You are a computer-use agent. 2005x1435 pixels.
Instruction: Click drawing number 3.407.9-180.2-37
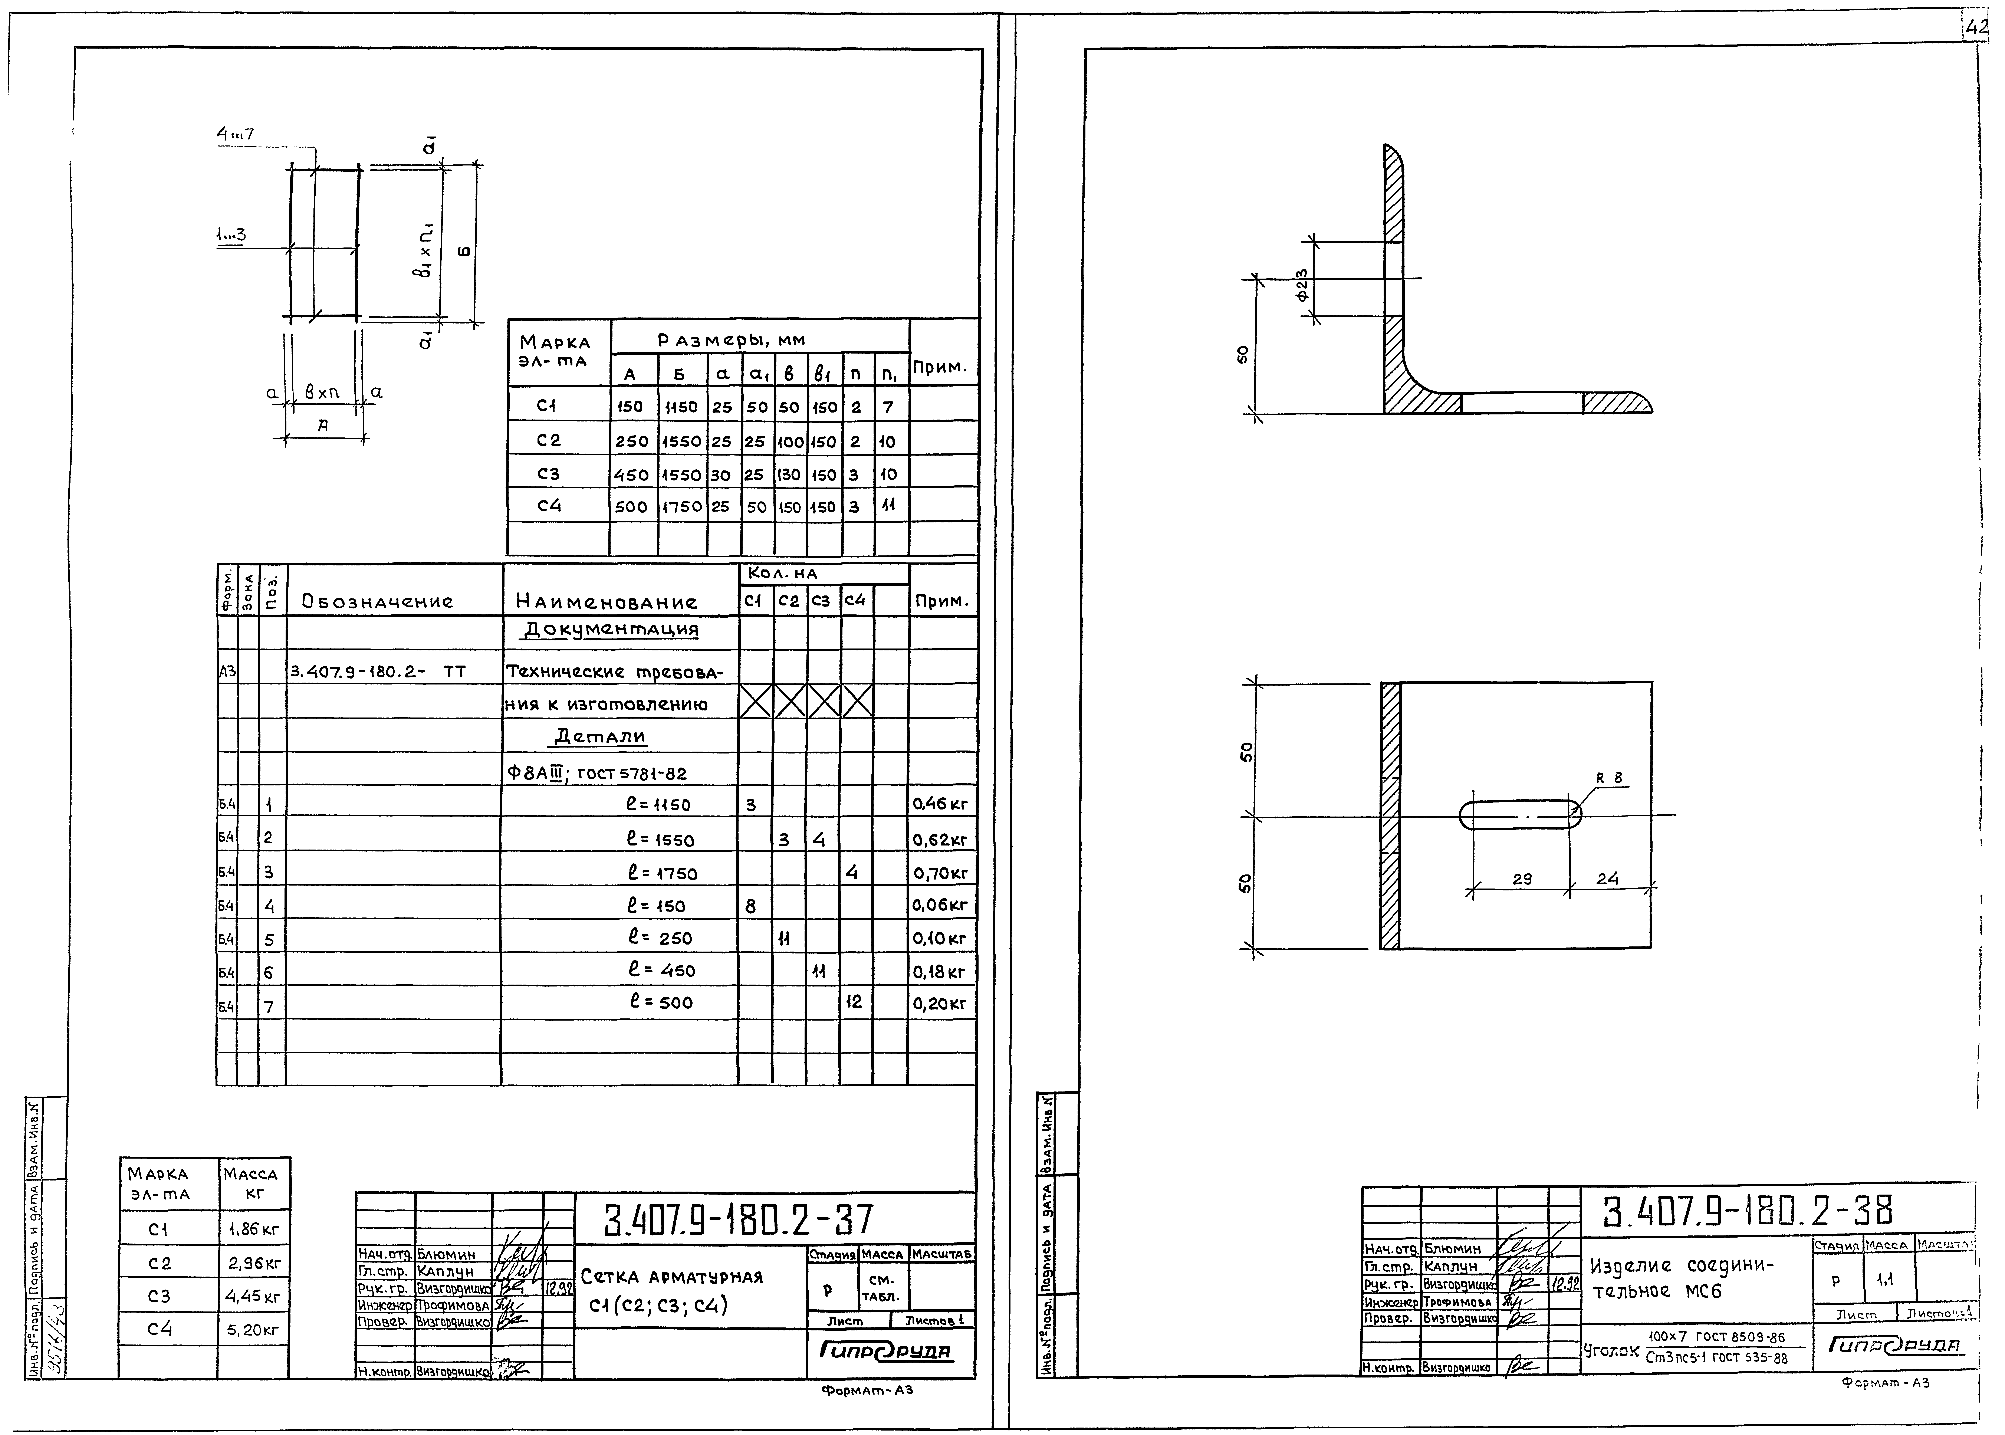tap(739, 1220)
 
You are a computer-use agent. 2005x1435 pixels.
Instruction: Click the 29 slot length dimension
tap(1522, 879)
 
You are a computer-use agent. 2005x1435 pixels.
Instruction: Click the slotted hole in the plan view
tap(1520, 815)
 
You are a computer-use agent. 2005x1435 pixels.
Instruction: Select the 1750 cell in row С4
tap(682, 506)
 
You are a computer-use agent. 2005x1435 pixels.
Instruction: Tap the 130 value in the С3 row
tap(789, 474)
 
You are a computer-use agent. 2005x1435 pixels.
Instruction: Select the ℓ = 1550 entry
tap(660, 840)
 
